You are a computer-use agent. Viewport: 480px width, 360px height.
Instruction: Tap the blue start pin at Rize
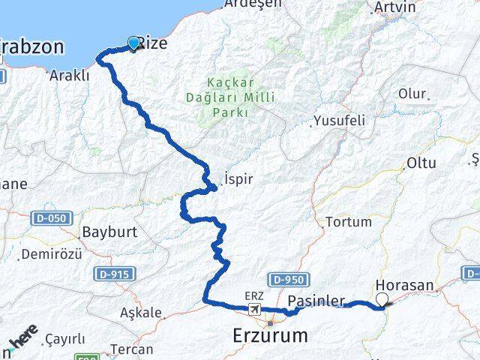(x=134, y=43)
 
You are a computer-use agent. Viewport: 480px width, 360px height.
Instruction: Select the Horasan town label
(x=405, y=286)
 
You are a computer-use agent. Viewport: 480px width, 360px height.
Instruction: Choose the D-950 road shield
(x=286, y=280)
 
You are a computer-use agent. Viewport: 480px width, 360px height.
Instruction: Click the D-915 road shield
(x=109, y=274)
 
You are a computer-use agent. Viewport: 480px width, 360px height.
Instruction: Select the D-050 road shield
(x=49, y=218)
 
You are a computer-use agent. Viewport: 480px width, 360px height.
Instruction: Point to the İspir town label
(x=238, y=180)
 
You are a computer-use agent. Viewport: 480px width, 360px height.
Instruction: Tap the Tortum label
(x=347, y=222)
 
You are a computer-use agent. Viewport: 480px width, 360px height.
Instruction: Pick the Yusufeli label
(x=339, y=120)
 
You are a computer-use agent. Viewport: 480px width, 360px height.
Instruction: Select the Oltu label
(x=421, y=163)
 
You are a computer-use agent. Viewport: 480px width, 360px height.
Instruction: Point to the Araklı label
(x=69, y=75)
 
